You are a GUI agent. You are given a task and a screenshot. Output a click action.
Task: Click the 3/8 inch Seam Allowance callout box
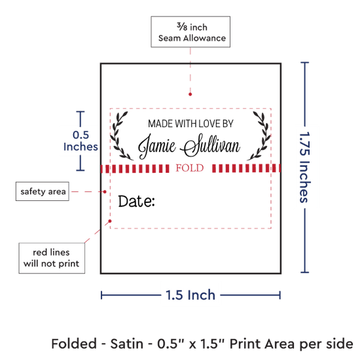(x=190, y=31)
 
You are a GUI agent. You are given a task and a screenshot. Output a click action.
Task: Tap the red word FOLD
(x=190, y=168)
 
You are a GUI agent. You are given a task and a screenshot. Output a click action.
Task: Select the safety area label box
(x=43, y=191)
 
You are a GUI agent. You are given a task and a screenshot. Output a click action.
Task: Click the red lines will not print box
(x=52, y=258)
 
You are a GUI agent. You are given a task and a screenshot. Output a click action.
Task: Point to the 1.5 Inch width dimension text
(x=190, y=295)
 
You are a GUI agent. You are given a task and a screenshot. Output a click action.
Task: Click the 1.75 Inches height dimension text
(x=305, y=167)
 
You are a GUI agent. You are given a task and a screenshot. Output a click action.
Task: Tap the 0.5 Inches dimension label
(x=81, y=141)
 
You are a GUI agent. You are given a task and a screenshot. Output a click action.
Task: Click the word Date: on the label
(x=136, y=202)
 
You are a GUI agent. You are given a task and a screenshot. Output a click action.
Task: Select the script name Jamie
(x=157, y=146)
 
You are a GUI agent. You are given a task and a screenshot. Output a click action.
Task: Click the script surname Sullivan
(x=211, y=145)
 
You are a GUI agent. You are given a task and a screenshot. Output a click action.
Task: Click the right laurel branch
(x=259, y=135)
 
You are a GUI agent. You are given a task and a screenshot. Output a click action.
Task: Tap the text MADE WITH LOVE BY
(x=190, y=124)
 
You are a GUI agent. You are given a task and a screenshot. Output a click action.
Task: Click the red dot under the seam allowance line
(x=190, y=94)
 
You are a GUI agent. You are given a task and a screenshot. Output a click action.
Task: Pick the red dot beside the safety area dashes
(x=105, y=192)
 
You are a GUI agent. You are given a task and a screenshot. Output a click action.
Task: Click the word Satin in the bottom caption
(x=127, y=344)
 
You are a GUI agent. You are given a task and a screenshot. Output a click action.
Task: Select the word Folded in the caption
(x=74, y=344)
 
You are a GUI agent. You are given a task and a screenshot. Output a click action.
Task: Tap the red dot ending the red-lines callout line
(x=110, y=221)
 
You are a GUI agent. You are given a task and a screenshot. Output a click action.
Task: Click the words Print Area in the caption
(x=262, y=344)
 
